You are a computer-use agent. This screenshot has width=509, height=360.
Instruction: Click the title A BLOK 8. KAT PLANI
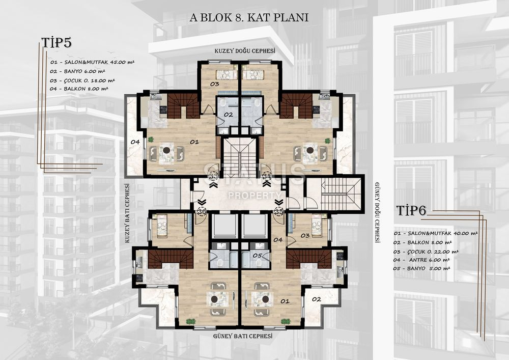click(x=249, y=17)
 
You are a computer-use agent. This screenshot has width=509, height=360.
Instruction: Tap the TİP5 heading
click(x=56, y=43)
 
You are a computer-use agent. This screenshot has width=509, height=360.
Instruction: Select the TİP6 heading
click(x=411, y=211)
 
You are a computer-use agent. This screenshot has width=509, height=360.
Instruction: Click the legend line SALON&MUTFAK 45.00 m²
click(x=92, y=62)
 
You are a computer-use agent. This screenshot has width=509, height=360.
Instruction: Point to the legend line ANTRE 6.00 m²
click(x=421, y=260)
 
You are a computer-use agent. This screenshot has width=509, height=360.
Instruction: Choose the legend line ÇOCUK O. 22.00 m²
click(x=426, y=252)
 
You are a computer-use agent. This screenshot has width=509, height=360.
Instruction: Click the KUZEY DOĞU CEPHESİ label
click(x=245, y=51)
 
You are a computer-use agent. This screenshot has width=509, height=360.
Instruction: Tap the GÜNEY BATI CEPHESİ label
click(x=243, y=336)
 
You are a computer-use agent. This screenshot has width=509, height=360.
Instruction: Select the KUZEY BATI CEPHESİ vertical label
click(x=127, y=213)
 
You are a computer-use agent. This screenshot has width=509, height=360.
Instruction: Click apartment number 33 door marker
click(x=214, y=176)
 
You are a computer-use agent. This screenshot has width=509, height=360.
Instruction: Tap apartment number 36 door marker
click(x=202, y=212)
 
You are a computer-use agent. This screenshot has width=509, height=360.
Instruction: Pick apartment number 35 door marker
click(x=278, y=212)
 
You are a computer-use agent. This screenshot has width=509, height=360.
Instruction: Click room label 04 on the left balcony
click(x=135, y=142)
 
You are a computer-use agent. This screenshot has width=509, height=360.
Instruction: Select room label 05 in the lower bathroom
click(x=258, y=256)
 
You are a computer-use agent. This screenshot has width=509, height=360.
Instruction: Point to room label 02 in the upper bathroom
click(x=228, y=115)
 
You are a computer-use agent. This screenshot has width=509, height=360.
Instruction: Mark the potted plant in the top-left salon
click(x=151, y=140)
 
